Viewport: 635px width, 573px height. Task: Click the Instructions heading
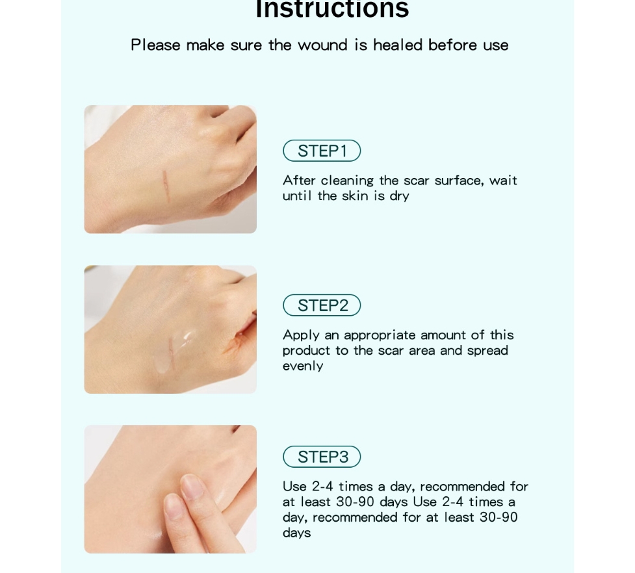click(x=332, y=9)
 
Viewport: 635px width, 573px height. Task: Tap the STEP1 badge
click(x=322, y=151)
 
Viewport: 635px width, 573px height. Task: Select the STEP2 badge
click(x=322, y=305)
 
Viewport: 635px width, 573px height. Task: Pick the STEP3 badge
click(x=322, y=457)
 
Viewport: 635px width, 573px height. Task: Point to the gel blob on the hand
click(x=185, y=338)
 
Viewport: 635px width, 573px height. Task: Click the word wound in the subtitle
click(x=324, y=45)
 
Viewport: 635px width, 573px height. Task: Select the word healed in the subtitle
click(x=398, y=45)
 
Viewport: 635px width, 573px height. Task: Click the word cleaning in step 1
click(x=348, y=181)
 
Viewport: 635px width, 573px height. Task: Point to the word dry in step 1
click(x=399, y=196)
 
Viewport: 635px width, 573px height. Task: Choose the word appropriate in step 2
click(x=380, y=335)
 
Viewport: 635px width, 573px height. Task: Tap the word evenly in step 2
click(x=303, y=366)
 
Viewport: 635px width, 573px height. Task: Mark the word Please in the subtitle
click(x=156, y=45)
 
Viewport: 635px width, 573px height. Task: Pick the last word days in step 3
click(x=297, y=533)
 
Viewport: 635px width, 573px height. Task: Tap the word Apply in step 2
click(x=301, y=335)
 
